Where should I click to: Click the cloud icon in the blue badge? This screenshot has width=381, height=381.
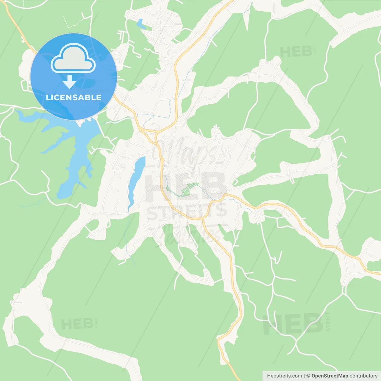73,58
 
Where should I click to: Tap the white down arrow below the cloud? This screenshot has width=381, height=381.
69,82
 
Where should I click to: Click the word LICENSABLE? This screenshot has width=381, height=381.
74,98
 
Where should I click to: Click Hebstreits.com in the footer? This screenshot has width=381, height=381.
284,376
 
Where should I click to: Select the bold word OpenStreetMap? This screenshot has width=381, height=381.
330,376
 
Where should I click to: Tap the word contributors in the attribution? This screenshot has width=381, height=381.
363,376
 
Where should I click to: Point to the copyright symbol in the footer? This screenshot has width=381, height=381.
308,376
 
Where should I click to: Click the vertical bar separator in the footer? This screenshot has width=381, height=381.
304,376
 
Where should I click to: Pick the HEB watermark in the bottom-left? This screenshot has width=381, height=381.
77,324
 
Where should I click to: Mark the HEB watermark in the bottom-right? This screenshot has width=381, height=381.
293,324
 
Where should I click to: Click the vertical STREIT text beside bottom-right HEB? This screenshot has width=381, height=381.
328,322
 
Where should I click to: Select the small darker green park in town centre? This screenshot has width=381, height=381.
187,190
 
